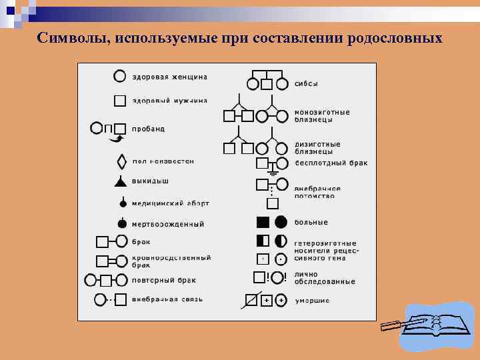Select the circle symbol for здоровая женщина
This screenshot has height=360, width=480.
click(120, 77)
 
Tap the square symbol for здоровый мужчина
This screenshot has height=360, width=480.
click(120, 101)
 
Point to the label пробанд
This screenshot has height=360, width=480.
click(148, 128)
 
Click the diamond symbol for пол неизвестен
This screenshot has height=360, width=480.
click(121, 161)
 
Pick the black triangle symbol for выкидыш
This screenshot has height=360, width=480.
click(121, 181)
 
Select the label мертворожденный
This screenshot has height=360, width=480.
click(167, 224)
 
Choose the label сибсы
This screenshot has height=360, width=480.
click(306, 84)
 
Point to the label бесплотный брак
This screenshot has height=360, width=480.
click(331, 163)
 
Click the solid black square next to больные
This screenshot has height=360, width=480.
click(263, 222)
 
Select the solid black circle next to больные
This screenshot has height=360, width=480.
click(281, 222)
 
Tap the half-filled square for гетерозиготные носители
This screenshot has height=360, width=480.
click(263, 241)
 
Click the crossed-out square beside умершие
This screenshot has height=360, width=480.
click(251, 301)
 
